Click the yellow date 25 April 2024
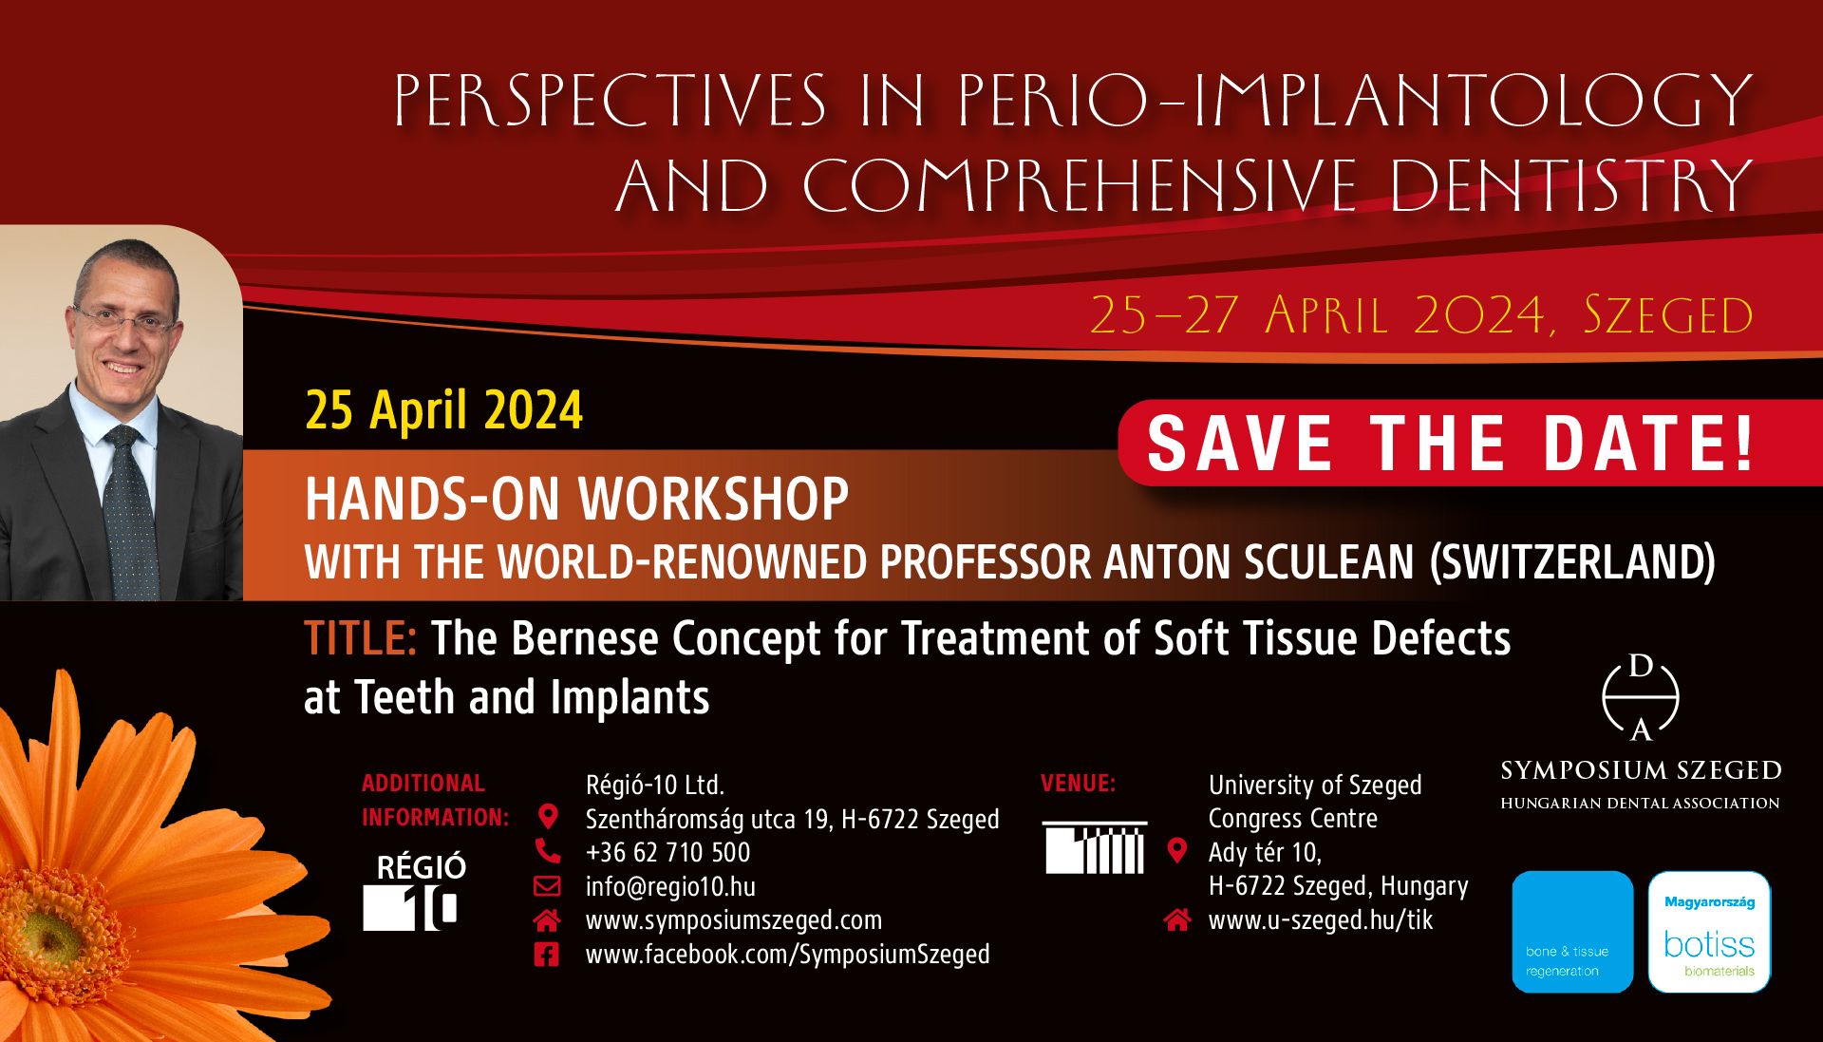pyautogui.click(x=443, y=410)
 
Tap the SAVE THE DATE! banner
pyautogui.click(x=1470, y=443)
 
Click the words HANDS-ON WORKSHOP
pyautogui.click(x=576, y=500)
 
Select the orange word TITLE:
pyautogui.click(x=360, y=638)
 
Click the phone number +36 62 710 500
pyautogui.click(x=667, y=852)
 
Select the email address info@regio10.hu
pyautogui.click(x=670, y=886)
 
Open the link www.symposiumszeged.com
pyautogui.click(x=733, y=920)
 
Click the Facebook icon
pyautogui.click(x=547, y=955)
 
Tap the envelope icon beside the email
pyautogui.click(x=547, y=886)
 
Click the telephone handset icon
pyautogui.click(x=548, y=850)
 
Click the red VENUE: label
pyautogui.click(x=1078, y=784)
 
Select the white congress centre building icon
pyautogui.click(x=1095, y=847)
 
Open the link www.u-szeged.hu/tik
pyautogui.click(x=1320, y=919)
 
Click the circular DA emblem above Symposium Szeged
pyautogui.click(x=1641, y=697)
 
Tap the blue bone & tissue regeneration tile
pyautogui.click(x=1572, y=932)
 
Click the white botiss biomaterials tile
pyautogui.click(x=1709, y=932)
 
